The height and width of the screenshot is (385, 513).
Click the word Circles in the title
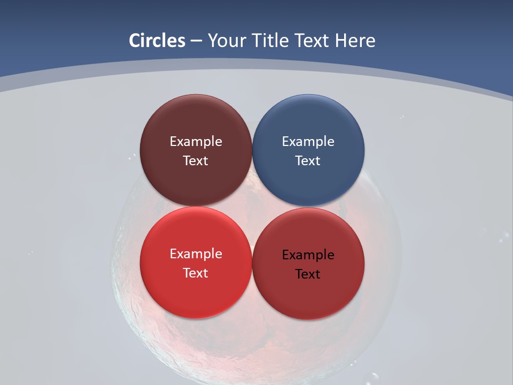tap(157, 41)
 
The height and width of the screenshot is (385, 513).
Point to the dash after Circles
tap(196, 41)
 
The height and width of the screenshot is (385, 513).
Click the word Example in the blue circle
tap(308, 142)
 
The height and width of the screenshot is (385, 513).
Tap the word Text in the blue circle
tap(308, 161)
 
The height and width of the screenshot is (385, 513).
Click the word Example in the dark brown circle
tap(196, 142)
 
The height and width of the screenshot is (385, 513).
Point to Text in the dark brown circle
tap(196, 161)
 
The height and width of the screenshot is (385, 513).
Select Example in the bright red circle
tap(196, 254)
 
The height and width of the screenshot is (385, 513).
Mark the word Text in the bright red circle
tap(196, 273)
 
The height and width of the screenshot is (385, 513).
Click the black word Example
tap(308, 255)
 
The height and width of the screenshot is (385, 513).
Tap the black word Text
tap(308, 274)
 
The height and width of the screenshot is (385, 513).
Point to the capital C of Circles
tap(135, 41)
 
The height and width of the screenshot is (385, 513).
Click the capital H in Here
tap(340, 41)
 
